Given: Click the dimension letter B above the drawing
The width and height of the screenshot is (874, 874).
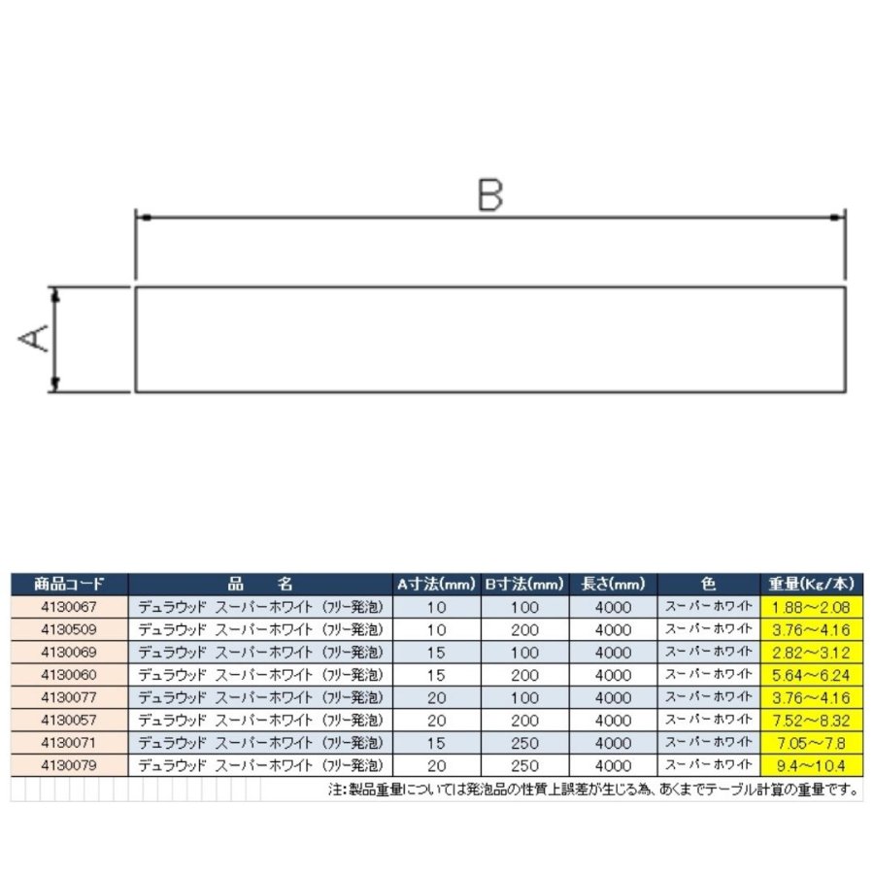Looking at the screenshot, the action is tap(490, 194).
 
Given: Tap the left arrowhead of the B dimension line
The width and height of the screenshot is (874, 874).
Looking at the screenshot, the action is tap(144, 218).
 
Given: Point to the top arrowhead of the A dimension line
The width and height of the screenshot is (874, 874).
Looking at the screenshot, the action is tap(55, 295).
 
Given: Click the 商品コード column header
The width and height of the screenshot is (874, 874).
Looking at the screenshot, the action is tap(69, 585).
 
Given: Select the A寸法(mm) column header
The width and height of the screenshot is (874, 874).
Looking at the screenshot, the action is tap(436, 585).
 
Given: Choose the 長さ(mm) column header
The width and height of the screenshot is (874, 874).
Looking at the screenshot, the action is tap(613, 585).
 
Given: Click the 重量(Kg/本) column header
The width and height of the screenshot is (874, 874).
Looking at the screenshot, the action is tap(811, 585).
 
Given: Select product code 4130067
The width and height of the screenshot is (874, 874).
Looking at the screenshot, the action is tap(69, 606).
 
